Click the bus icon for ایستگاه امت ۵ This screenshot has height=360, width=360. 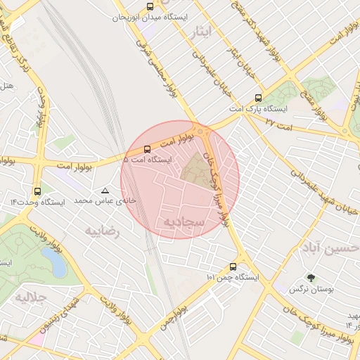[x=147, y=149]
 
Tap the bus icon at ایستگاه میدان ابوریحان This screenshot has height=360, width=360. [x=149, y=6]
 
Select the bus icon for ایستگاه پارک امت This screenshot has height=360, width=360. [x=258, y=98]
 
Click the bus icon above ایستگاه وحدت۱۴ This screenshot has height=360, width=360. [x=37, y=191]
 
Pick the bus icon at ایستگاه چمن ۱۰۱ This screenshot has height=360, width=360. [x=233, y=266]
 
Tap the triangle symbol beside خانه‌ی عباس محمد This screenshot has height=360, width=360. [x=105, y=191]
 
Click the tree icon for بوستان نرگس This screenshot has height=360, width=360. [x=311, y=278]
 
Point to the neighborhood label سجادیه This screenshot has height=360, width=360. [x=184, y=222]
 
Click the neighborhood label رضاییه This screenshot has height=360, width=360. [x=103, y=230]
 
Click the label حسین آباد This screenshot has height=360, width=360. [x=337, y=247]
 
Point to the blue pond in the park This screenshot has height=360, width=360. [x=55, y=262]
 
